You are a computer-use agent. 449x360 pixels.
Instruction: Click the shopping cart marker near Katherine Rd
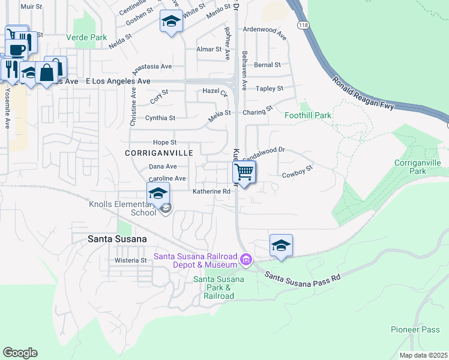click(x=244, y=172)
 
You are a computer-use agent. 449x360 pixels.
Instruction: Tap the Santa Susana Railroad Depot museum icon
click(x=246, y=260)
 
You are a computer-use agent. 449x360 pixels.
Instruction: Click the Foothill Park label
click(x=308, y=115)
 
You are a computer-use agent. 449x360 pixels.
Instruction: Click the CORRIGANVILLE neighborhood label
click(x=159, y=153)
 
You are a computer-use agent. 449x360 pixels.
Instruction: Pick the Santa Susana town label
click(x=117, y=239)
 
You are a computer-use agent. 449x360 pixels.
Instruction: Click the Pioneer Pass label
click(x=415, y=329)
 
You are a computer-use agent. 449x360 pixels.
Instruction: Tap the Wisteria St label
click(x=131, y=260)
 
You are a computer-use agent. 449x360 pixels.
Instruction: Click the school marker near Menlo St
click(x=171, y=23)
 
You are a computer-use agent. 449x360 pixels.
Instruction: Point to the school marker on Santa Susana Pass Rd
click(x=280, y=245)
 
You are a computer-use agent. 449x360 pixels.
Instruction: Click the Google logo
click(x=20, y=352)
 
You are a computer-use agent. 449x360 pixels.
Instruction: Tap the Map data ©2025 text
click(x=423, y=355)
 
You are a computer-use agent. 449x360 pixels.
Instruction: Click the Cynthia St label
click(x=160, y=118)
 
